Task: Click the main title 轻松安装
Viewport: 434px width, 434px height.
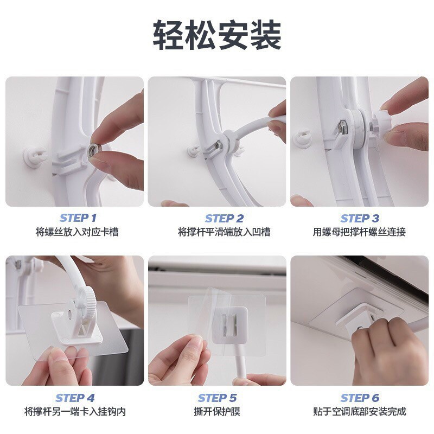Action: click(x=218, y=35)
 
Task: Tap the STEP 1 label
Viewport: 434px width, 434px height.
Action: click(x=78, y=218)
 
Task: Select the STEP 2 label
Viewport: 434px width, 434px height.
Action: click(x=224, y=219)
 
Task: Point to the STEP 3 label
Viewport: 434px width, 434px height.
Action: click(x=360, y=219)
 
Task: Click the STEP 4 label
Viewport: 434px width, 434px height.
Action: click(x=75, y=398)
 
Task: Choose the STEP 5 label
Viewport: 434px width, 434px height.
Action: click(x=218, y=398)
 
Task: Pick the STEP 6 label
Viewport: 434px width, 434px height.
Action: click(x=360, y=398)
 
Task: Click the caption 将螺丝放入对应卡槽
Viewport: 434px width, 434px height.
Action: click(x=77, y=232)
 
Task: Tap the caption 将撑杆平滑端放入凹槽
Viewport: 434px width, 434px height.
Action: click(x=224, y=232)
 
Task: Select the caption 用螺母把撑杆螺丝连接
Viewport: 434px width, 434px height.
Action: click(x=359, y=232)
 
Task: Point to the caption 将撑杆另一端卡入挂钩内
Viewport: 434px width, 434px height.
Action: click(x=75, y=411)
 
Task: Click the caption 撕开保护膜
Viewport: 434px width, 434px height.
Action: click(x=217, y=411)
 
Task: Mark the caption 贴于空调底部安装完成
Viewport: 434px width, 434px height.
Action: click(x=360, y=411)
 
